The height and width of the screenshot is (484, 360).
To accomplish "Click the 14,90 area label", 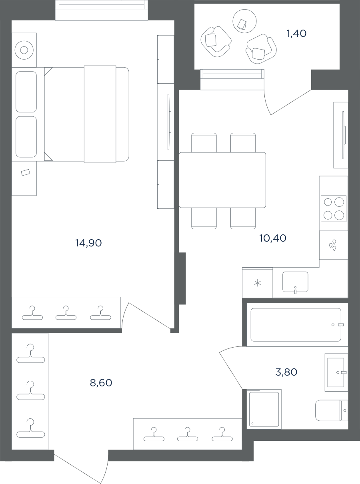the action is [x=88, y=243].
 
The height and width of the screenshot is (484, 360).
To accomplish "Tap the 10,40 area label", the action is [x=273, y=238].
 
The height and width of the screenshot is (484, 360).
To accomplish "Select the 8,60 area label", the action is [x=101, y=382].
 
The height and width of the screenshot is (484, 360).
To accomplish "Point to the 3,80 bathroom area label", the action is [x=286, y=372].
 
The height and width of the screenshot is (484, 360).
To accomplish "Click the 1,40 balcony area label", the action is [x=296, y=33].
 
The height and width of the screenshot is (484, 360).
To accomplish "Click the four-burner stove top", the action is [x=334, y=209].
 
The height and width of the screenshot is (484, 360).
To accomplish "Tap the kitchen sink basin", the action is [x=295, y=282].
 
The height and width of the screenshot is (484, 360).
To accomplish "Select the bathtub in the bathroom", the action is [x=296, y=325].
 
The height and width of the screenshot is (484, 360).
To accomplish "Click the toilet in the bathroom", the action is [x=332, y=410].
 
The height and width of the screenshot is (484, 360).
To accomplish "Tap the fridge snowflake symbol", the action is [x=258, y=283].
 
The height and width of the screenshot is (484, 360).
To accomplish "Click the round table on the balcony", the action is [x=244, y=21].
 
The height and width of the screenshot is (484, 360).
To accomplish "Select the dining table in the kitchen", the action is [x=222, y=180].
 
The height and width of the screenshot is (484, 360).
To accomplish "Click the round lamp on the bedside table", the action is [x=24, y=50].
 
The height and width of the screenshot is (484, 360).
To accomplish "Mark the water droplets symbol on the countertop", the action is [x=332, y=245].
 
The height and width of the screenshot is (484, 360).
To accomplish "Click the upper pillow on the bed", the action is [x=26, y=92].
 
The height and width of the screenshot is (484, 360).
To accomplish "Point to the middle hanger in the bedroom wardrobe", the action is [x=66, y=313].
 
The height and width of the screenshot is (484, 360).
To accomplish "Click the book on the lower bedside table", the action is [x=25, y=172].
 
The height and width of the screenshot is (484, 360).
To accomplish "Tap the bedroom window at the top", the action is [x=102, y=10].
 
